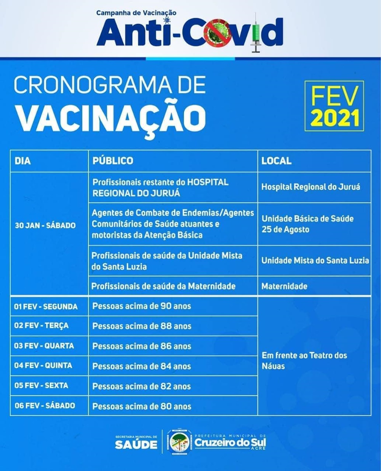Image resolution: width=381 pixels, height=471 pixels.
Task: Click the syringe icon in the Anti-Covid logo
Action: [256, 33]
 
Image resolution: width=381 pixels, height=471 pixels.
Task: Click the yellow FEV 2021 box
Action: [334, 106]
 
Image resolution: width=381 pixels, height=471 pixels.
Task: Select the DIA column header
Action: [23, 161]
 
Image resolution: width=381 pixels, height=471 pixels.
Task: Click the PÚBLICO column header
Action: [113, 161]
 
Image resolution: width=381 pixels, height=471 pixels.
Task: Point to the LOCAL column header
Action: [276, 161]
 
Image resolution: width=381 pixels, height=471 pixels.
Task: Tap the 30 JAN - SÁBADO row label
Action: [45, 225]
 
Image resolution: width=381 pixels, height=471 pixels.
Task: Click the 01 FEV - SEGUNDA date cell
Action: [46, 306]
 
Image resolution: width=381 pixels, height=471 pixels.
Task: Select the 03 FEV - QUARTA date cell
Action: [44, 346]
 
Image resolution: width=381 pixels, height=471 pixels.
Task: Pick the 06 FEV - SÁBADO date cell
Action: [45, 406]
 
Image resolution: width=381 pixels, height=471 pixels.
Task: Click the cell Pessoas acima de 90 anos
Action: [142, 306]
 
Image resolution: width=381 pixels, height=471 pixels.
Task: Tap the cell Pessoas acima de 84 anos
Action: [142, 366]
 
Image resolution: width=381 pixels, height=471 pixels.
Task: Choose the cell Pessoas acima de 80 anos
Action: [142, 406]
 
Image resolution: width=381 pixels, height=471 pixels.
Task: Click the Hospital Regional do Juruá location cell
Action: [311, 187]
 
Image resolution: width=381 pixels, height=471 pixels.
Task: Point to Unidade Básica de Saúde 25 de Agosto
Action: [307, 224]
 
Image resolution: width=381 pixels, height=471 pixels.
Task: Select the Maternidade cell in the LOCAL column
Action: [284, 286]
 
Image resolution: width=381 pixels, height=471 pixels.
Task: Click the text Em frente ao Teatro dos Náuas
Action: [304, 360]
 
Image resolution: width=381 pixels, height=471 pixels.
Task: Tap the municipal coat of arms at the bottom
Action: [179, 442]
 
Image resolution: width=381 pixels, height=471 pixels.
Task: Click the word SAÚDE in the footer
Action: [136, 444]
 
